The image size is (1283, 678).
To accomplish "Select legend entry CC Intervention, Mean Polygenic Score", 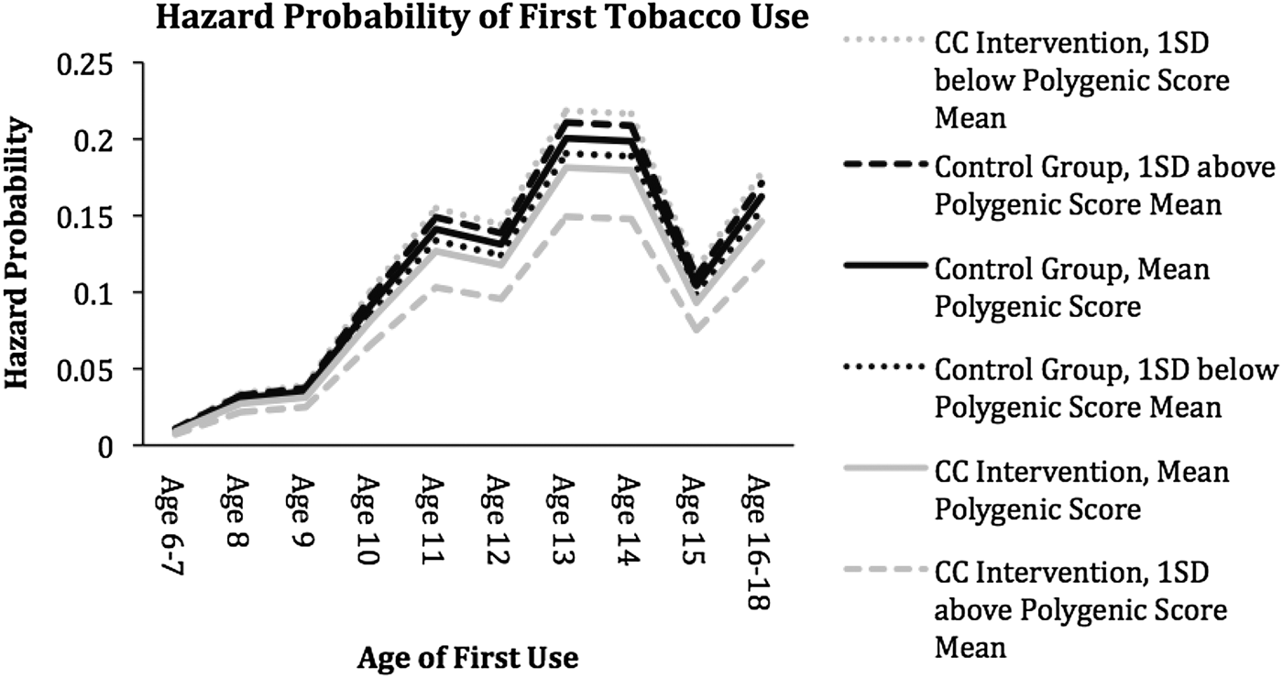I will [1081, 492].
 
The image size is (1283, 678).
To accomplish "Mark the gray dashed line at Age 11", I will [431, 287].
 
